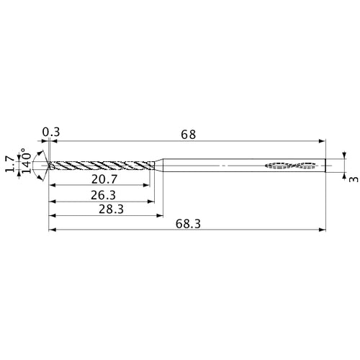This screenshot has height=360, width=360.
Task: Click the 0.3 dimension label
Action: (x=50, y=132)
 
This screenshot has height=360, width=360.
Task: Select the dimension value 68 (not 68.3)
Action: (x=188, y=134)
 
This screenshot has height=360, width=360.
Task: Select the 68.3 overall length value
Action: (x=188, y=225)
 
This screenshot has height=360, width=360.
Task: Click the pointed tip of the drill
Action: (x=49, y=166)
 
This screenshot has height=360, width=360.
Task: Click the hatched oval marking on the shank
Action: (x=292, y=166)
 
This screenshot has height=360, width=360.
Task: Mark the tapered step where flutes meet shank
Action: (x=160, y=166)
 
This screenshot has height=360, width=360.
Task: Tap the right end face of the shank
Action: (x=325, y=166)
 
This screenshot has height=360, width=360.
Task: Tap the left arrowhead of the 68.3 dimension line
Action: (x=52, y=230)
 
